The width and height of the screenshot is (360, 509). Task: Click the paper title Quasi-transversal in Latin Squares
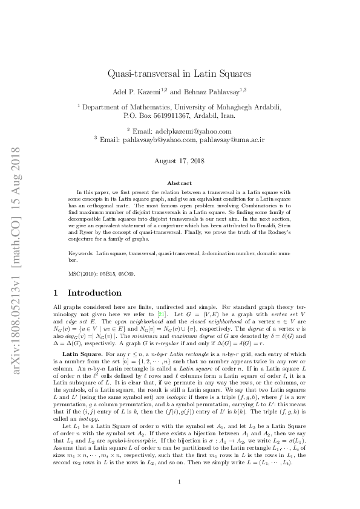[180, 73]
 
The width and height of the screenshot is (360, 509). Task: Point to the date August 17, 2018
[180, 161]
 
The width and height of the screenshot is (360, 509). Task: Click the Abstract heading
[180, 183]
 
